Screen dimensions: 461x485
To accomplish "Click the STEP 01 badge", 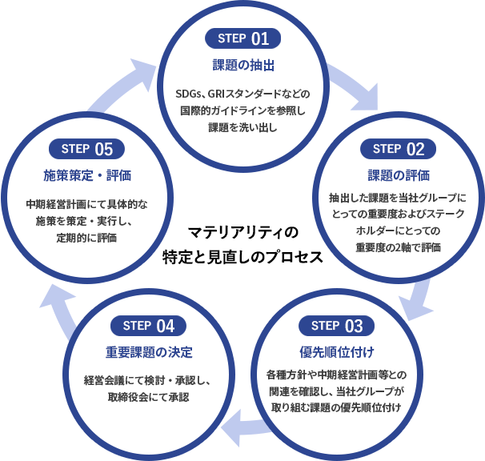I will coord(243,38).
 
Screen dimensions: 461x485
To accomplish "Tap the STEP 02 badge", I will coord(398,148).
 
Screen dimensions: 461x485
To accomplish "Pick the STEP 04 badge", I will coord(149,326).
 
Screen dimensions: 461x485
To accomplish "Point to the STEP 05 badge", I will coord(86,148).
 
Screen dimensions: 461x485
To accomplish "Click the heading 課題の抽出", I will coord(242,65).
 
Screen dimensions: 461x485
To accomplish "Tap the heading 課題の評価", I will coord(398,175).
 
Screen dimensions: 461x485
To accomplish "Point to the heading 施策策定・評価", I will coord(86,175).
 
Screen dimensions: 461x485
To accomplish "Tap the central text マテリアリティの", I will coord(242,233).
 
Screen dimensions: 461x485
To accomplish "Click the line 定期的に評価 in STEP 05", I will coord(86,238).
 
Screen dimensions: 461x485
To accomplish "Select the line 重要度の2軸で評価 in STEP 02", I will coord(398,247).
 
